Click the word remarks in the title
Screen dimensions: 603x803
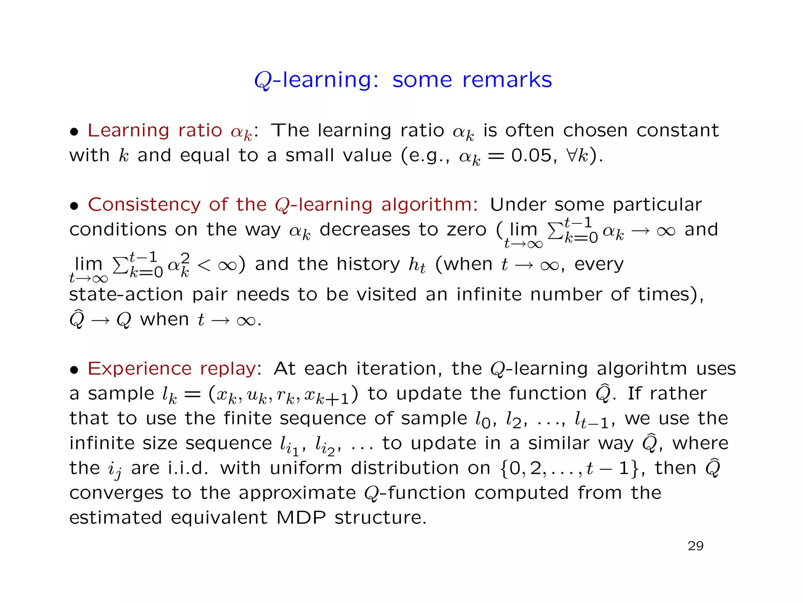click(507, 80)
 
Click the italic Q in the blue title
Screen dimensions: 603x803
click(262, 81)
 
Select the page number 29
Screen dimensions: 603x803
click(696, 546)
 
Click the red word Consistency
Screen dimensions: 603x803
click(144, 205)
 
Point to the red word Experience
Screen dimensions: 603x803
click(140, 369)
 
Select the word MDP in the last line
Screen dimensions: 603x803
click(301, 518)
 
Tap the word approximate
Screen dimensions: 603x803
click(297, 493)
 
